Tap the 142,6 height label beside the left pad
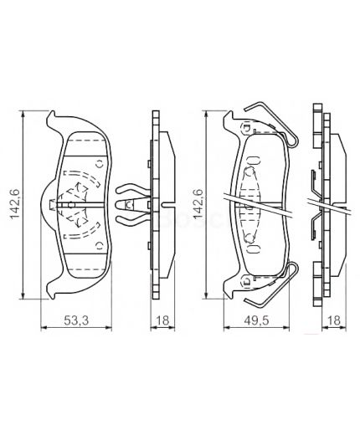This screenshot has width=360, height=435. coord(14,204)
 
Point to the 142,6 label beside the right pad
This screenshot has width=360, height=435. coord(198,204)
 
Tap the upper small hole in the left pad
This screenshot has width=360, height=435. coord(97,163)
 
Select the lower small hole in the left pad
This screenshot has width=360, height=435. coord(97,246)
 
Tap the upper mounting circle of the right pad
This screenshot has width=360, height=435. coord(244,129)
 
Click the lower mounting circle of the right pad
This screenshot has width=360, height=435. coord(244,279)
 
